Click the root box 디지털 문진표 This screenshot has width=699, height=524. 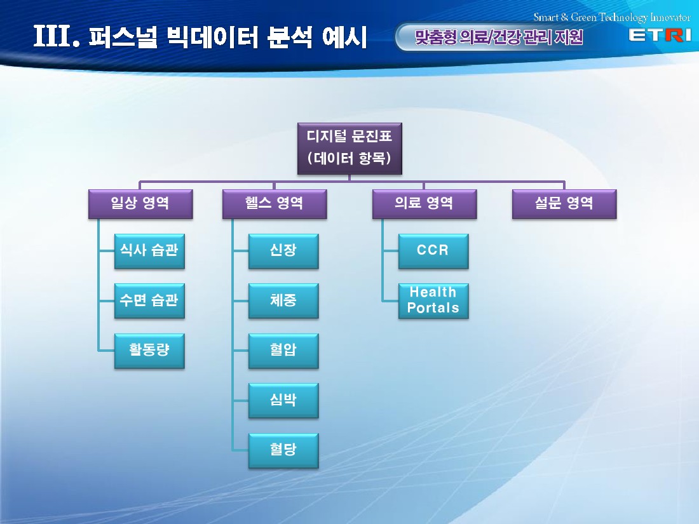349,149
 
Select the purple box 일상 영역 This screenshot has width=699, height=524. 140,204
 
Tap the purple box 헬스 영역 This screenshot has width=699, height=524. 275,204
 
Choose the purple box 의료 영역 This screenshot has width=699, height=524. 424,204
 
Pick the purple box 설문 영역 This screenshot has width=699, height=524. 564,204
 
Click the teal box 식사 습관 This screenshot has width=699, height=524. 149,252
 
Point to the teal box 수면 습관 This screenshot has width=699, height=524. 149,301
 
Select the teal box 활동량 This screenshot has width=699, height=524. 149,351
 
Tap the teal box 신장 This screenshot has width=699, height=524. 283,252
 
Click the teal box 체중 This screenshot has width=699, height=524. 283,301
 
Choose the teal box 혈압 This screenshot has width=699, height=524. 283,351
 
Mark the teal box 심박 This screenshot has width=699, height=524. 283,401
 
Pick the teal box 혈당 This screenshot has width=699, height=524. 283,450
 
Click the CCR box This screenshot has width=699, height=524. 433,252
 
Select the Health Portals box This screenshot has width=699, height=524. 433,301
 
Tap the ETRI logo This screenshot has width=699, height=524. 660,35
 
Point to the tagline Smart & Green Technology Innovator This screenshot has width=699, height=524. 611,17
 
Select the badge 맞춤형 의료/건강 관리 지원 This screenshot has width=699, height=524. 499,37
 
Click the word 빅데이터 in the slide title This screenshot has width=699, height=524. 213,37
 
